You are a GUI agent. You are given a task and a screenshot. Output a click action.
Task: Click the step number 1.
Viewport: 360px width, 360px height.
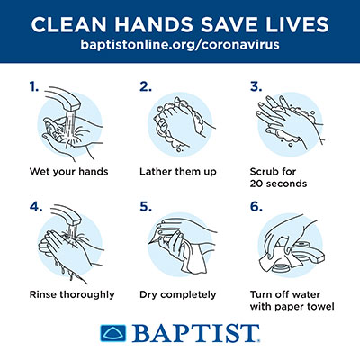point(33,87)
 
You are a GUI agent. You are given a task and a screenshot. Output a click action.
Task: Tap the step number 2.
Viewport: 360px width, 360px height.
point(144,87)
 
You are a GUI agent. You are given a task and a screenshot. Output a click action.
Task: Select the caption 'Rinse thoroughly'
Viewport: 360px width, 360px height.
point(71,293)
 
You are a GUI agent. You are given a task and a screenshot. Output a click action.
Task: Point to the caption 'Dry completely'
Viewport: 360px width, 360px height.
point(177,293)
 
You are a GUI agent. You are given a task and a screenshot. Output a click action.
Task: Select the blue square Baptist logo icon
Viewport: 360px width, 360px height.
point(113,333)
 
